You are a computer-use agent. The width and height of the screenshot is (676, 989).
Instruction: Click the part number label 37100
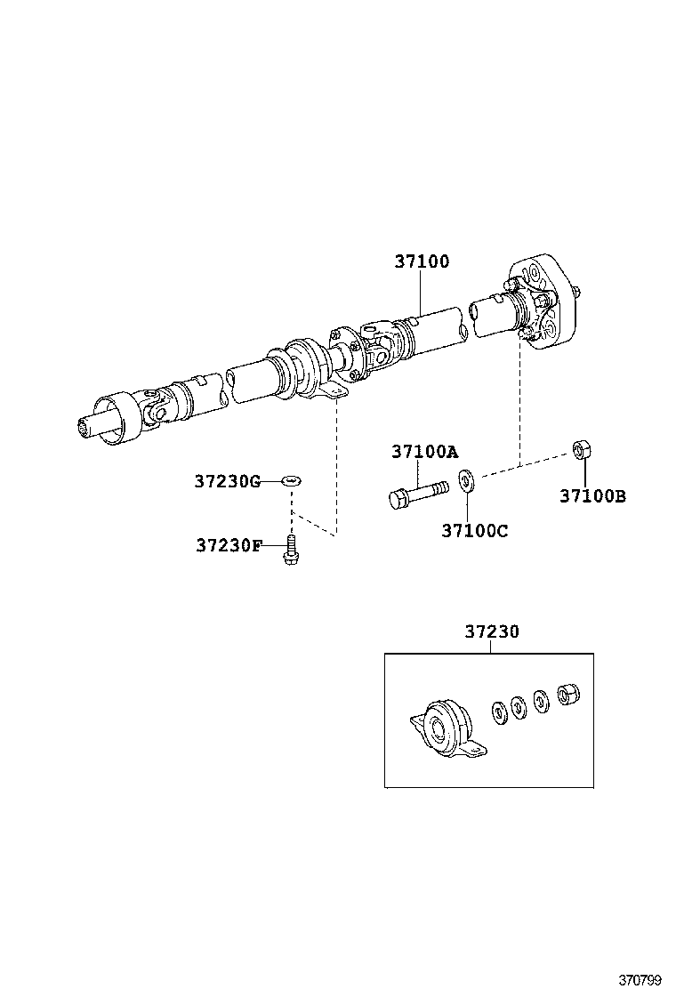point(422,261)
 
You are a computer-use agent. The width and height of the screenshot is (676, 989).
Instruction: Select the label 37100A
point(424,452)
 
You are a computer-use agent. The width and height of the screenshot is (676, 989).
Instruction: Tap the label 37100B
point(592,496)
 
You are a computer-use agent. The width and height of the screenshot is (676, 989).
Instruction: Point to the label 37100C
point(475,531)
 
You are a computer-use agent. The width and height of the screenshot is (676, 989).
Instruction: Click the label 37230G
point(227,481)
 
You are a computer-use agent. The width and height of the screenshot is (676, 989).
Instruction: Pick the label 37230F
point(229,545)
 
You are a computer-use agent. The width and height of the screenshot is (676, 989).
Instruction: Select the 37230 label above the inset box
point(491,631)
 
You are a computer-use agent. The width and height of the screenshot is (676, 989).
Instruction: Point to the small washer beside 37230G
point(291,481)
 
